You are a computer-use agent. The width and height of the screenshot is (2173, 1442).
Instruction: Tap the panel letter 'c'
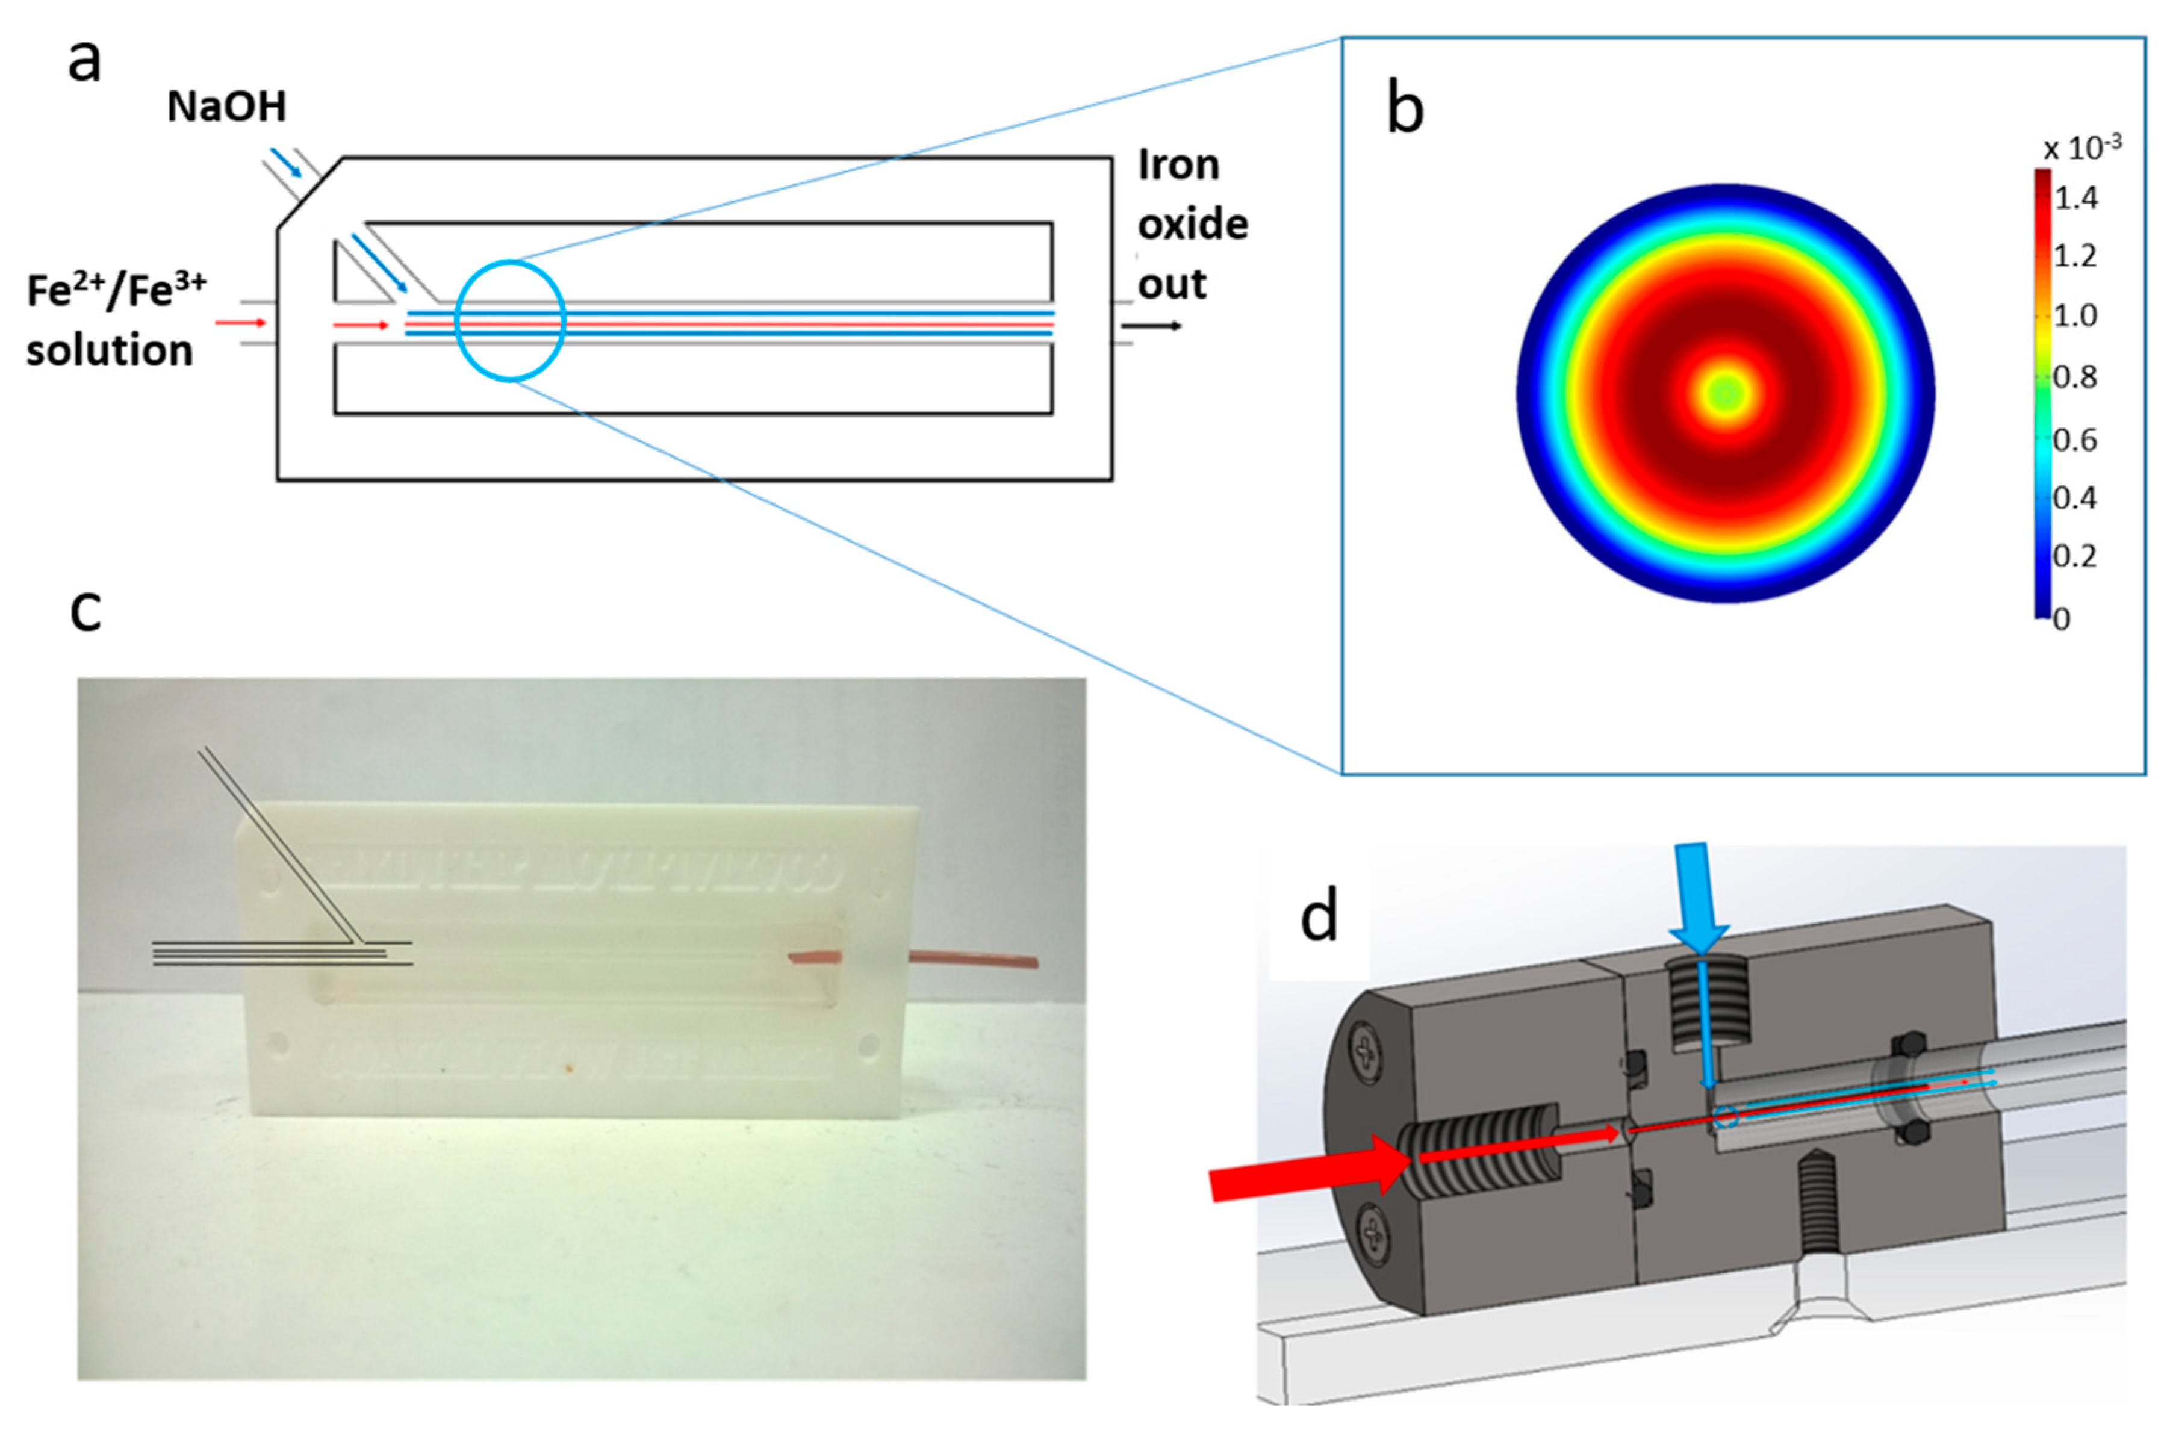pyautogui.click(x=85, y=612)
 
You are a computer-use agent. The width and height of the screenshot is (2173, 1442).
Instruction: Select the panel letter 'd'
pyautogui.click(x=1319, y=917)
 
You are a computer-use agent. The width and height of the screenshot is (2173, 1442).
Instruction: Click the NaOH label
pyautogui.click(x=226, y=107)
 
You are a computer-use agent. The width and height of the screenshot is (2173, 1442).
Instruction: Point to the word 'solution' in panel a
pyautogui.click(x=110, y=350)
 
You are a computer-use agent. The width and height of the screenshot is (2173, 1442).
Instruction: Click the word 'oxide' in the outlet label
pyautogui.click(x=1193, y=225)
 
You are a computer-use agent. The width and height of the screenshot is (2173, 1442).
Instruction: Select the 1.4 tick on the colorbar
pyautogui.click(x=2075, y=197)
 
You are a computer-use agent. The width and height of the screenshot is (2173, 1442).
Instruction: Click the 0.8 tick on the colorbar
pyautogui.click(x=2075, y=376)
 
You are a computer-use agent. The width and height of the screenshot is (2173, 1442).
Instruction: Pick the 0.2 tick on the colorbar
pyautogui.click(x=2075, y=556)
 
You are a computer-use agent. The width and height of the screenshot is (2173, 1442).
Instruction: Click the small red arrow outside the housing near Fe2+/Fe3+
pyautogui.click(x=241, y=323)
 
